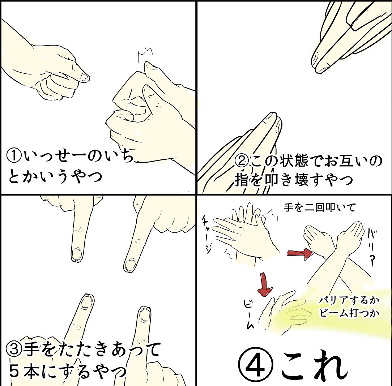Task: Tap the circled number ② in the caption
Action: click(242, 162)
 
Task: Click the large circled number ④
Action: click(256, 367)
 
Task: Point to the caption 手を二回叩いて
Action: click(320, 207)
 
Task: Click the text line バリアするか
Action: click(349, 300)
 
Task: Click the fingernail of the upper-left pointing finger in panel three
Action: click(77, 254)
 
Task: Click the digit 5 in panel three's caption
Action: click(14, 371)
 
